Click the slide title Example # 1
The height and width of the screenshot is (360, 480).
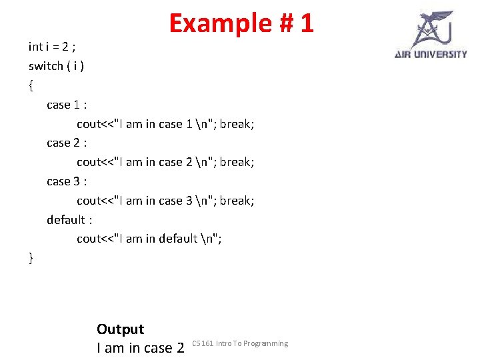[x=241, y=23]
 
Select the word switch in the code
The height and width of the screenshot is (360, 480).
[x=45, y=66]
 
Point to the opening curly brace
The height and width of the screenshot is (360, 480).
[x=31, y=85]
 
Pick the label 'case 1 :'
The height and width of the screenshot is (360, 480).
[x=67, y=105]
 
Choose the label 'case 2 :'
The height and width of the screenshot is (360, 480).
[x=67, y=143]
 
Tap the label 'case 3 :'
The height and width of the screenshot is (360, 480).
[x=67, y=181]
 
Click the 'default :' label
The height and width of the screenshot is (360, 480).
[x=69, y=219]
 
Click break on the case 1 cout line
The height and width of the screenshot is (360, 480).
[x=237, y=124]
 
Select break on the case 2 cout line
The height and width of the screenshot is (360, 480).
[x=237, y=162]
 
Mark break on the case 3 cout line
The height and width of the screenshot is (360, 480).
[x=237, y=201]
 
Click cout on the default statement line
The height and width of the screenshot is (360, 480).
[x=88, y=239]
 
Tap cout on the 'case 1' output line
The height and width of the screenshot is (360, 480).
[x=88, y=124]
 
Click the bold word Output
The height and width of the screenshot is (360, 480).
[x=120, y=329]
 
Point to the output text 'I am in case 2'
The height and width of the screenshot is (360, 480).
[x=140, y=347]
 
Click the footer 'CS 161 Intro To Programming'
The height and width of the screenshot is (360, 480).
[x=240, y=343]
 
